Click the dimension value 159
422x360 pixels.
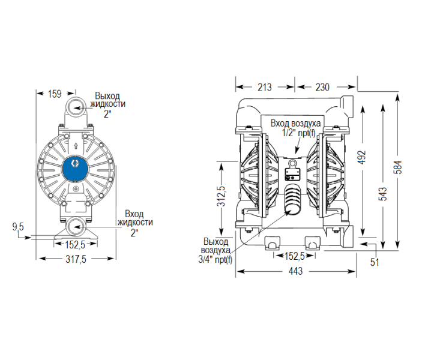(x=55, y=94)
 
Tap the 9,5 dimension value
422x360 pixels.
(x=18, y=227)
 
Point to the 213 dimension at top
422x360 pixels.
(x=264, y=87)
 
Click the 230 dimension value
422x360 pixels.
(x=322, y=87)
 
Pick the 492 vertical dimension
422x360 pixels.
(x=361, y=157)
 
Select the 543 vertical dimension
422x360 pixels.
(x=383, y=193)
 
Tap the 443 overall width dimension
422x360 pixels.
(x=296, y=272)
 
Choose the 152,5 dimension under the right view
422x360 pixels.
(x=294, y=256)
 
